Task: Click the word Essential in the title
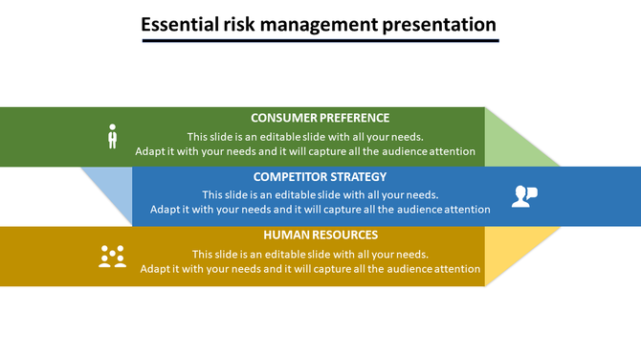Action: [177, 24]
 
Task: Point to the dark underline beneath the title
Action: [320, 40]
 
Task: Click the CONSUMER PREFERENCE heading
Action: [320, 118]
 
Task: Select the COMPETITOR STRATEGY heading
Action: [320, 176]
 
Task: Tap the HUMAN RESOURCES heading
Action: [320, 235]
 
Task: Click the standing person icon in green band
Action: [112, 137]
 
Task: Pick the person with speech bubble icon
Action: [524, 196]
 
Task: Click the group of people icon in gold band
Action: [113, 256]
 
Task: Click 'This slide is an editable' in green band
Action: [304, 136]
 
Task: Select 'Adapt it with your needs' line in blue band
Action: [320, 210]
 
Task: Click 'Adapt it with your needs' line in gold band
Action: [310, 269]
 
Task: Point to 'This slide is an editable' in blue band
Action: [320, 194]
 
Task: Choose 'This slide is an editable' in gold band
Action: [310, 254]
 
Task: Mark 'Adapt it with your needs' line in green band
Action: [304, 151]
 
